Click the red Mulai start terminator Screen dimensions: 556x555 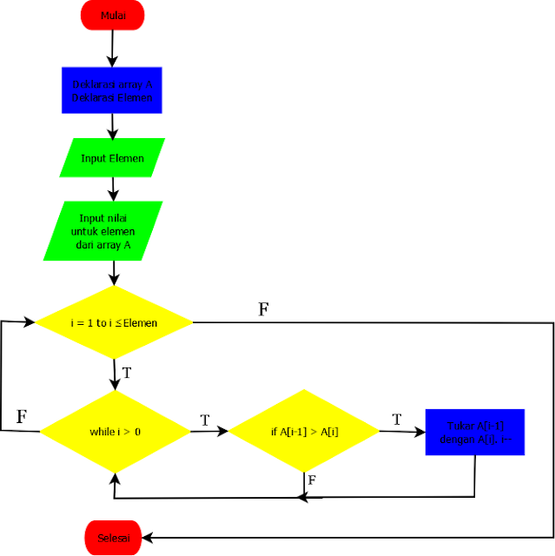(112, 15)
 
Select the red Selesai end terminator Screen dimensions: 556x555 (112, 539)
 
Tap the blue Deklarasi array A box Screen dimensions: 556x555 (112, 91)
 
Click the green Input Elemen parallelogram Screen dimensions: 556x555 (113, 158)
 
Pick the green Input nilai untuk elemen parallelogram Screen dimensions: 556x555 (104, 231)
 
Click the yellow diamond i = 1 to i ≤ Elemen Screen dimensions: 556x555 (114, 322)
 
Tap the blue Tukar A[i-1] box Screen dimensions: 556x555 (475, 432)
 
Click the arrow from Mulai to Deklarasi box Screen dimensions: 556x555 (112, 48)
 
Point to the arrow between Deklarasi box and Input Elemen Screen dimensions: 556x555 (112, 125)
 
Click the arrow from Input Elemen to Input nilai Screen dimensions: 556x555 (112, 189)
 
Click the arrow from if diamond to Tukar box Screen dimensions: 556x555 (401, 430)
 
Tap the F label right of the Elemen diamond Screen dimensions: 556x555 (263, 309)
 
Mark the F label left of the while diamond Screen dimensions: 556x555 (22, 417)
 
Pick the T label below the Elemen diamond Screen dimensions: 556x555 (127, 374)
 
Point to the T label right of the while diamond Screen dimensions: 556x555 (205, 420)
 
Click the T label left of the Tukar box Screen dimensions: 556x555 (397, 420)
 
